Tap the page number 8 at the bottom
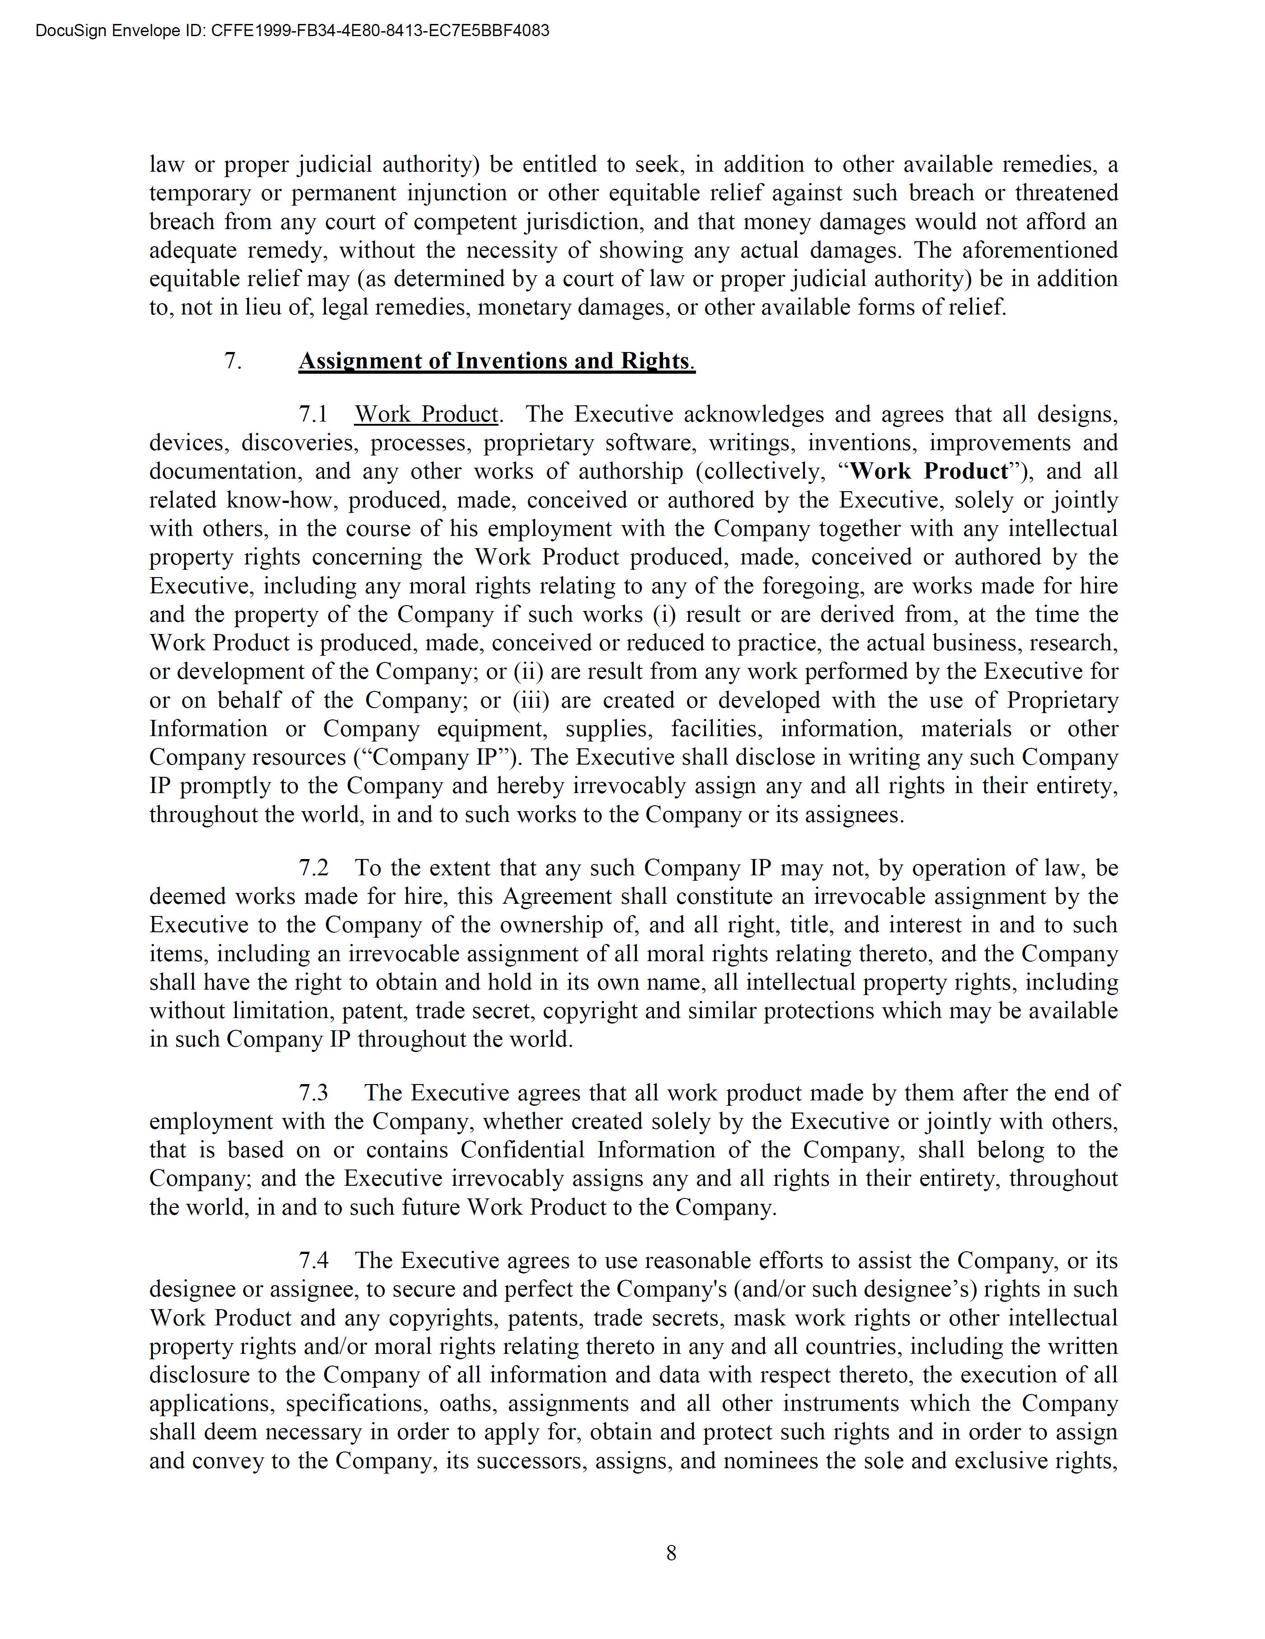671,1553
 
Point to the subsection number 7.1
314,414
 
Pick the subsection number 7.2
314,868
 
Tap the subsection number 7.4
314,1261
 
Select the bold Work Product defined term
929,471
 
